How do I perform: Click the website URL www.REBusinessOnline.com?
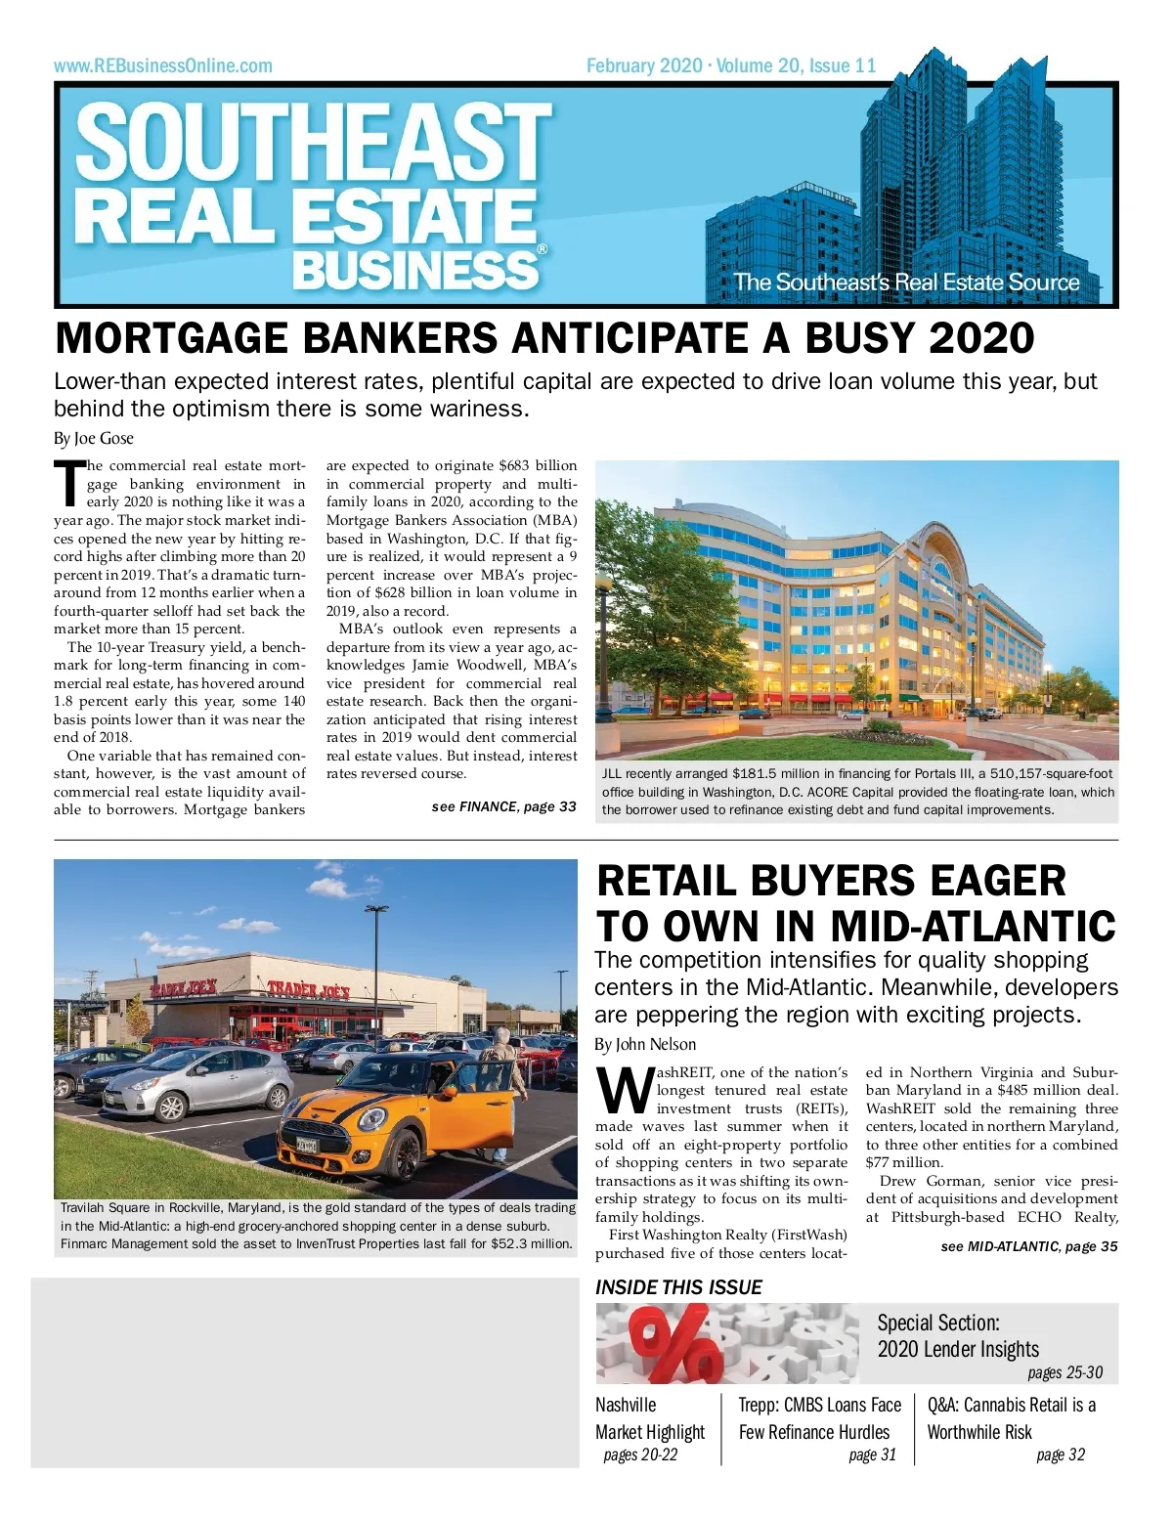pos(163,66)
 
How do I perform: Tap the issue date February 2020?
pos(644,66)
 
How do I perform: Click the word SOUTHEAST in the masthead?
pos(313,143)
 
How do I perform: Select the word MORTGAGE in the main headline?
pos(172,339)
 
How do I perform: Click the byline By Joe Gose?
pos(94,439)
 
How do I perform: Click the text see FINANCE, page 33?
pos(503,807)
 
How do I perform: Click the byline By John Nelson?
pos(645,1045)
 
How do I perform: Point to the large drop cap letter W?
pos(624,1092)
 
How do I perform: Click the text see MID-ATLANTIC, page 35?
pos(1028,1247)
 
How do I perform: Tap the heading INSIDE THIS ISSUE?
pos(678,1287)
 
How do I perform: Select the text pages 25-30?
pos(1064,1373)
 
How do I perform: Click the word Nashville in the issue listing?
pos(626,1406)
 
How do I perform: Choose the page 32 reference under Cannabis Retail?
pos(1061,1455)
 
